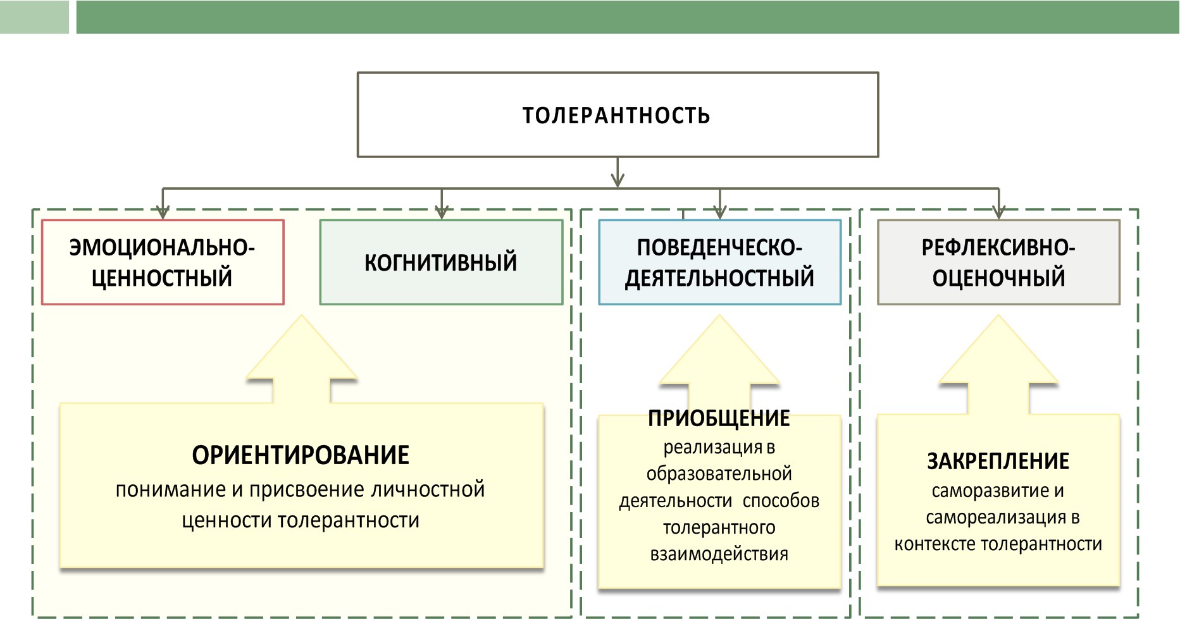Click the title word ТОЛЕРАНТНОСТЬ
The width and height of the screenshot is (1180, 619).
[616, 116]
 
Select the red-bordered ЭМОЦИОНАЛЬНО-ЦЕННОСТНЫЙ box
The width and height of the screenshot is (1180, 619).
[163, 262]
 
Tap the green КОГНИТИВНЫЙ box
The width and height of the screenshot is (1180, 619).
[441, 262]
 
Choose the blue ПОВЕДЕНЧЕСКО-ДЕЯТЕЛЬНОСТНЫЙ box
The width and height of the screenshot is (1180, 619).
[720, 262]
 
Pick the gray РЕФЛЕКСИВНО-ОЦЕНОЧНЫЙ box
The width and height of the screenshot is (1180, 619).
[998, 262]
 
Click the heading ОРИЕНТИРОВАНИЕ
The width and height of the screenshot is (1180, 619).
[301, 455]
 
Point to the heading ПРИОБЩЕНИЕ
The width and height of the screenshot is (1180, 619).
[719, 419]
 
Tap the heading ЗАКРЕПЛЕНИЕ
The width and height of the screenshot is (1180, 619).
[998, 462]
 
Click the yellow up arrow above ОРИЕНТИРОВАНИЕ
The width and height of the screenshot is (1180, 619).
[302, 359]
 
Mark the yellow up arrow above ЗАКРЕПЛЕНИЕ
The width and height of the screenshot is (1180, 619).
[998, 364]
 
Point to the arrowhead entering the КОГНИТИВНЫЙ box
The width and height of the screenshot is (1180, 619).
[442, 212]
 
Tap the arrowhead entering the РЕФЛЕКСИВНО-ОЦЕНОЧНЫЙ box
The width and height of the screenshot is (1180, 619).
[998, 212]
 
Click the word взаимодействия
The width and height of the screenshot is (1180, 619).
[719, 555]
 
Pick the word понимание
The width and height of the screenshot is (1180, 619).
[170, 490]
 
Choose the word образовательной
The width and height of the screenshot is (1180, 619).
[719, 474]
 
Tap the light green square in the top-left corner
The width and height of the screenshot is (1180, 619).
[34, 17]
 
